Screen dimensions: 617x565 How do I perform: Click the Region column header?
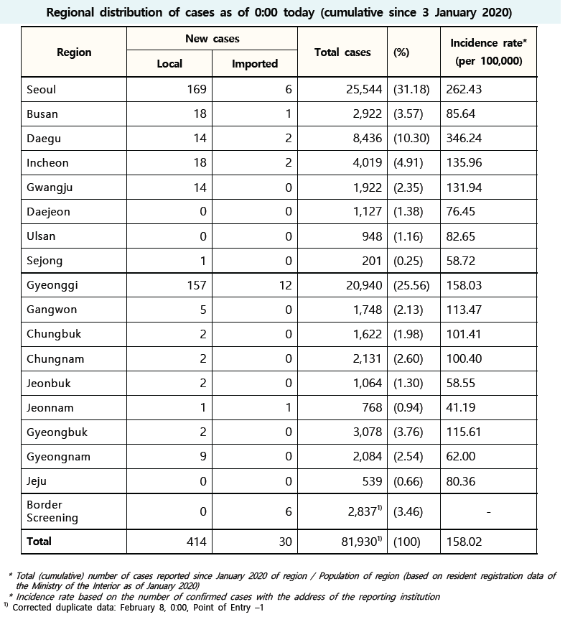74,52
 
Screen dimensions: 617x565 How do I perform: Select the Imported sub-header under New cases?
254,64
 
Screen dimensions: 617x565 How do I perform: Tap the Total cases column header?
342,52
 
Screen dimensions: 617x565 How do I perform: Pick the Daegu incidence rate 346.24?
464,139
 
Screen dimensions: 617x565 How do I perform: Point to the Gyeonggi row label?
52,285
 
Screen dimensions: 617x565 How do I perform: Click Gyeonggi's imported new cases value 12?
286,285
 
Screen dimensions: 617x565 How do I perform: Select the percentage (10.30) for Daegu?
411,139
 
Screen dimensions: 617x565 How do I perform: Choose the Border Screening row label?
52,511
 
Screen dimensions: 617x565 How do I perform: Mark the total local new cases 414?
197,542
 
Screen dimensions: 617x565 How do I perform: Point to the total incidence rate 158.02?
464,542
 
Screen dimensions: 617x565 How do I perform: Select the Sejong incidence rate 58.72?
461,261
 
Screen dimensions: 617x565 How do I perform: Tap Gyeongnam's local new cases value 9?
203,456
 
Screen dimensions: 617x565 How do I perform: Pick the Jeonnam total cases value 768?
372,407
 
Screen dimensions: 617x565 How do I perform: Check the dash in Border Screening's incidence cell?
488,511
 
